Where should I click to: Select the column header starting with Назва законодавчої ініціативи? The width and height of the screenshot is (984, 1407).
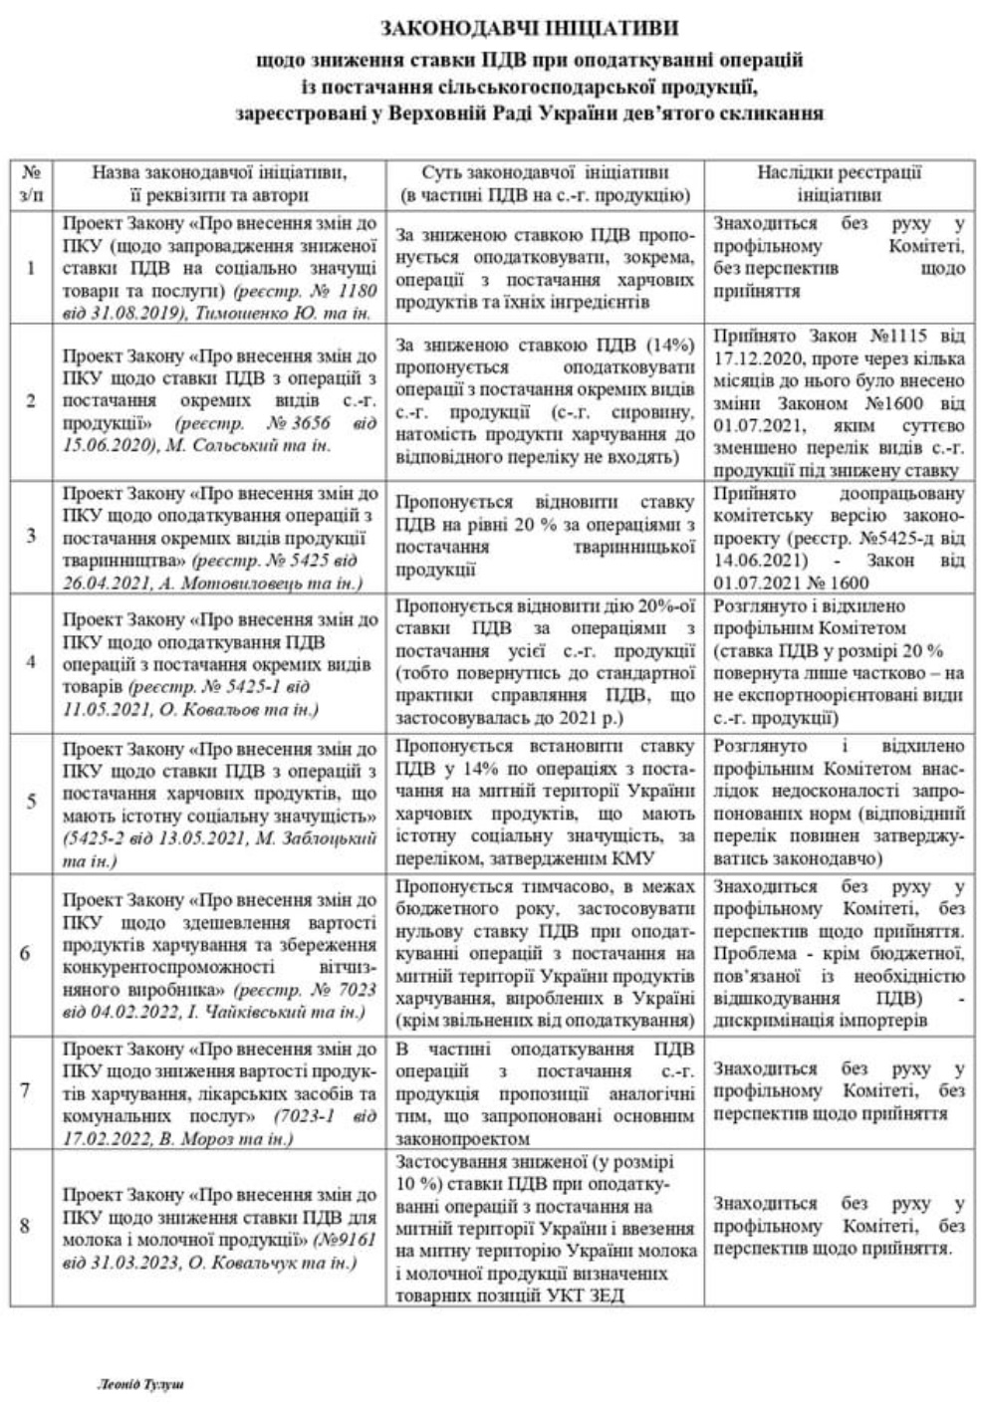(219, 183)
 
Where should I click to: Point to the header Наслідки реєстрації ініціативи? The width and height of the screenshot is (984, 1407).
(839, 183)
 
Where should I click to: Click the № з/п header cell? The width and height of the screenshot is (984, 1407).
(31, 183)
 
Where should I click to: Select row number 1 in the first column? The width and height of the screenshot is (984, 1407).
(31, 269)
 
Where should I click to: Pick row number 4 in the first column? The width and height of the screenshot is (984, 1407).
(31, 663)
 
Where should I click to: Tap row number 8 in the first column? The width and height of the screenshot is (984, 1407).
(26, 1226)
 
